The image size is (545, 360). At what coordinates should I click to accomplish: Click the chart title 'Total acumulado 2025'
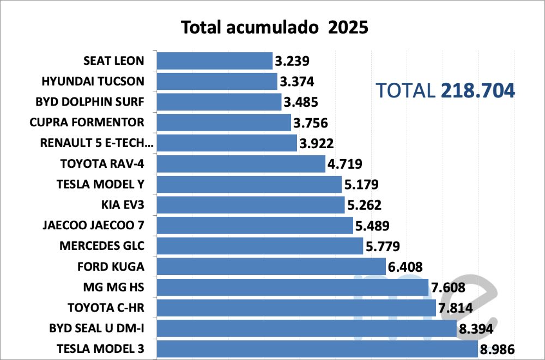(275, 27)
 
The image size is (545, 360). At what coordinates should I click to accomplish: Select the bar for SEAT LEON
(215, 60)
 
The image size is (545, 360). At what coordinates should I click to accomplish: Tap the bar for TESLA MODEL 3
(317, 349)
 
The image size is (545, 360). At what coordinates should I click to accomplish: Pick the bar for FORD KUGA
(271, 267)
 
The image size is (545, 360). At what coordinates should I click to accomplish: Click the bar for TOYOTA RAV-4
(241, 163)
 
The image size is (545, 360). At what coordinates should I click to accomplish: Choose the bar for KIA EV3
(251, 205)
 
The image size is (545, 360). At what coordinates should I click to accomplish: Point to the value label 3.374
(297, 82)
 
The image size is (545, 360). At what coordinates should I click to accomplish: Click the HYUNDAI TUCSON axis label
(93, 81)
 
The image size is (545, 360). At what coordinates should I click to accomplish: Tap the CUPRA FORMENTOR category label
(87, 122)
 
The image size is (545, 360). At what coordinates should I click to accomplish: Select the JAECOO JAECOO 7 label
(93, 225)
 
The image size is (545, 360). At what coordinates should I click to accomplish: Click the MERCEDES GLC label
(102, 246)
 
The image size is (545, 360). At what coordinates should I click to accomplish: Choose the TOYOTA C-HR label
(106, 308)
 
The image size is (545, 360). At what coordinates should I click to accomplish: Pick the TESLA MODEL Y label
(100, 184)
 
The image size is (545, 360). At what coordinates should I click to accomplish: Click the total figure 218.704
(477, 91)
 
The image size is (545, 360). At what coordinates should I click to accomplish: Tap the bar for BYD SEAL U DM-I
(306, 328)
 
